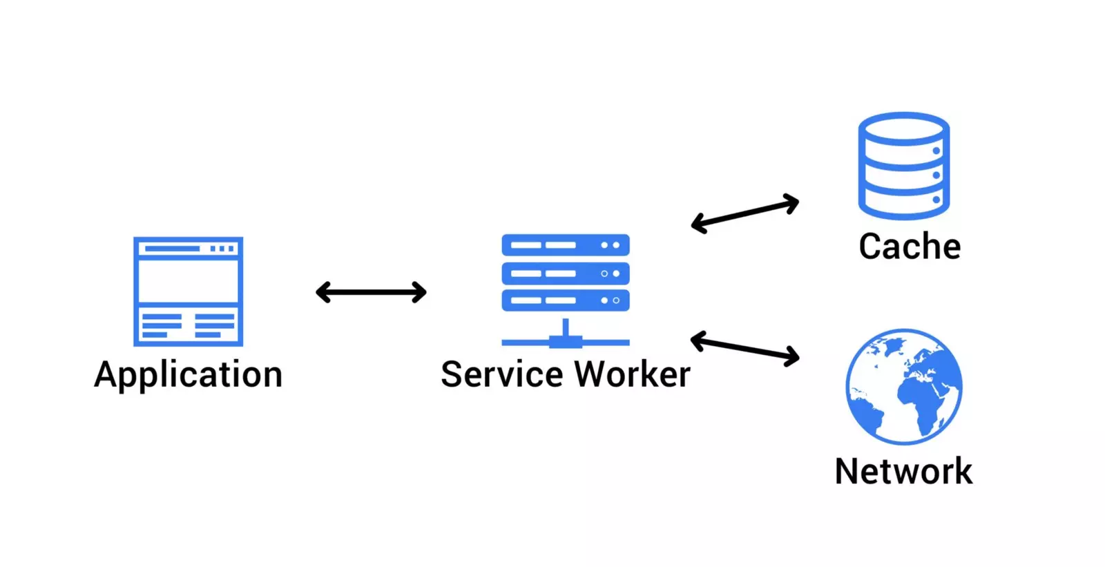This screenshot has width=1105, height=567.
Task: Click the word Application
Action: [188, 375]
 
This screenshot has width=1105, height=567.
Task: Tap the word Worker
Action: [632, 374]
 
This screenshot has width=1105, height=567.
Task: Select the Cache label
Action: [909, 247]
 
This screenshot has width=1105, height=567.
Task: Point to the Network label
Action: [903, 471]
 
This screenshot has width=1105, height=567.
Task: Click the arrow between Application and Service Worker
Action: [371, 292]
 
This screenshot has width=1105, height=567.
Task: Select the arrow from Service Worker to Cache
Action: [744, 213]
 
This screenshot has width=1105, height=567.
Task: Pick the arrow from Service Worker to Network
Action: [744, 348]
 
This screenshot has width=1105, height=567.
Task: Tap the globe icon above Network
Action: [903, 386]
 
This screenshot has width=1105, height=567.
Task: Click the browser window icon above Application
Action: [188, 291]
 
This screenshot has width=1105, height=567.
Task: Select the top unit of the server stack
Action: [565, 245]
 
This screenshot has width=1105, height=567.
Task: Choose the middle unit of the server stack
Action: [565, 273]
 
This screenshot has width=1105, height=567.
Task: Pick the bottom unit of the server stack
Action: [565, 300]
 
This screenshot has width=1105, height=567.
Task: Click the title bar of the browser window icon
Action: [188, 248]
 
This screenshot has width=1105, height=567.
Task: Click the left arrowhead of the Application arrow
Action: [321, 292]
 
